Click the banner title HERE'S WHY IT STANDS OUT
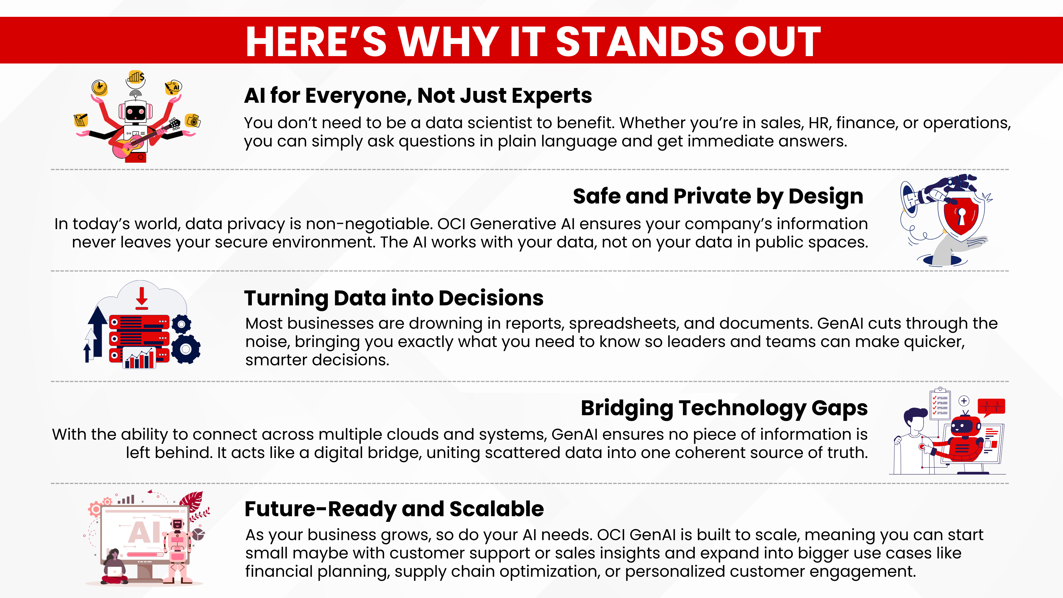tap(533, 41)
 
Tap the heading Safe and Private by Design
tap(718, 196)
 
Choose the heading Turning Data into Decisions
tap(394, 298)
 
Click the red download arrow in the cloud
tap(141, 298)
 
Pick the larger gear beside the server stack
tap(186, 349)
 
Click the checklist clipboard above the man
tap(940, 403)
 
